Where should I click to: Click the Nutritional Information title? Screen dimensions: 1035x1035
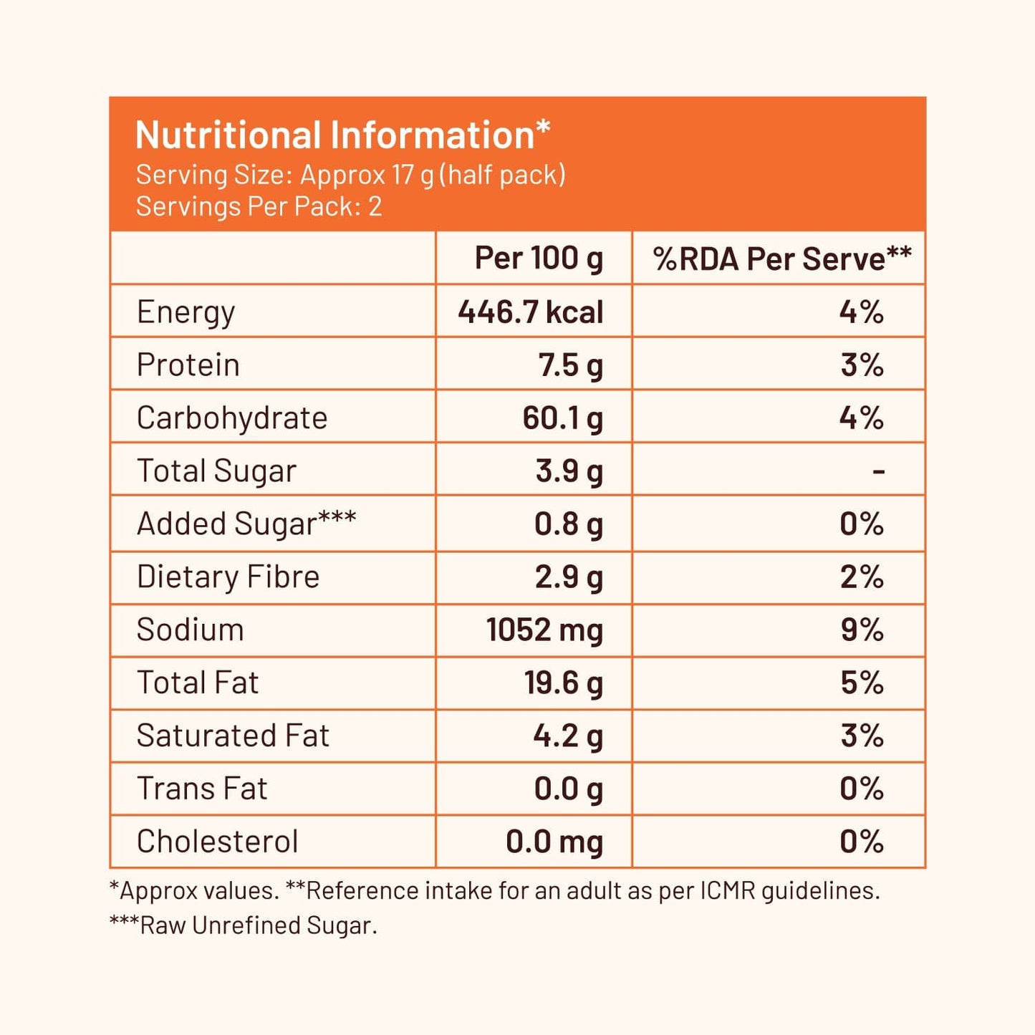click(x=342, y=135)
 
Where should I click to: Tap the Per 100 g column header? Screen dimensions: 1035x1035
click(x=539, y=259)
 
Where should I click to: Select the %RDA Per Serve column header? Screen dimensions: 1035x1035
click(x=781, y=259)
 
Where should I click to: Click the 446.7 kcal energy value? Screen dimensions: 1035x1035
click(x=530, y=312)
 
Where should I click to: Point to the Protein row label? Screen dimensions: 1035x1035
click(x=188, y=365)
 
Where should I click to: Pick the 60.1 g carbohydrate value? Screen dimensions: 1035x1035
click(x=562, y=418)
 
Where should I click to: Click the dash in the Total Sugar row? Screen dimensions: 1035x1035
click(x=878, y=471)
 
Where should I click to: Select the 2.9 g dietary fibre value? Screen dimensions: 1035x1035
click(x=569, y=577)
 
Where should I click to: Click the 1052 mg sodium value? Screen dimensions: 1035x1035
click(x=544, y=630)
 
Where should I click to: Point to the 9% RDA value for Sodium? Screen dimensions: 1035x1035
click(x=862, y=630)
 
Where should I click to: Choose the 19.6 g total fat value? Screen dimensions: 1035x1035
click(x=563, y=683)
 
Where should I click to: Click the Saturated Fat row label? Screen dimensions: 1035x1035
click(x=233, y=736)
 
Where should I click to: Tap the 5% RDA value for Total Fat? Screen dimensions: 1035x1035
click(x=862, y=683)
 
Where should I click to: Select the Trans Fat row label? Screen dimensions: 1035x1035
click(x=202, y=789)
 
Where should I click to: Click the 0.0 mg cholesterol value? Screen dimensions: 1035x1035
click(x=554, y=842)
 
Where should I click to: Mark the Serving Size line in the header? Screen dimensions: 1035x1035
click(x=350, y=175)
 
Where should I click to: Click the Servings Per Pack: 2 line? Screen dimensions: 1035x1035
click(x=259, y=207)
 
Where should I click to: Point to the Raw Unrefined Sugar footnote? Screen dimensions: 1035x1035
click(x=243, y=925)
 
